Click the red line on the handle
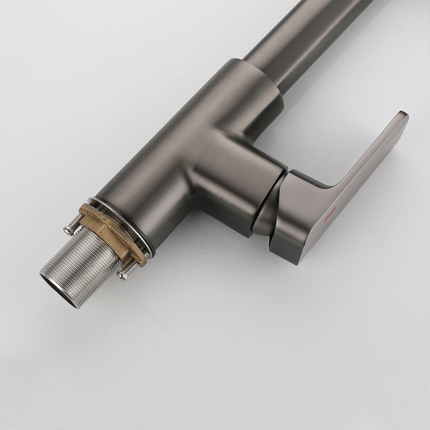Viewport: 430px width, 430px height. [330, 213]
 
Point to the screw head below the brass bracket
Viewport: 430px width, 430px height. [123, 275]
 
